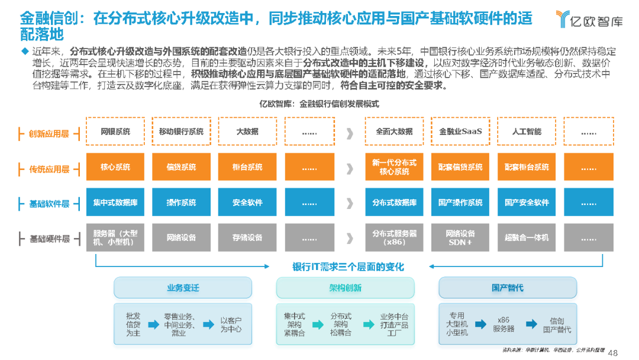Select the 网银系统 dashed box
click(115, 131)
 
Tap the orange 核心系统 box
click(115, 167)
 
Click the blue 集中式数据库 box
click(115, 202)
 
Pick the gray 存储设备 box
click(247, 237)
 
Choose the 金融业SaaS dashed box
click(460, 131)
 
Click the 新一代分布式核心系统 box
click(395, 167)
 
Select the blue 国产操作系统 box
click(460, 202)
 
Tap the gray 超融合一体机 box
click(527, 237)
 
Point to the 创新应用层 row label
click(49, 134)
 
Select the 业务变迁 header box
click(183, 288)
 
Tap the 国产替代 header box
click(508, 288)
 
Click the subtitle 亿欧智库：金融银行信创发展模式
click(319, 104)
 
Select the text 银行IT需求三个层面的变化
click(348, 267)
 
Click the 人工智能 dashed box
click(527, 131)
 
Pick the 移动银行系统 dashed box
click(181, 131)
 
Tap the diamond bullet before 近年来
click(24, 51)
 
